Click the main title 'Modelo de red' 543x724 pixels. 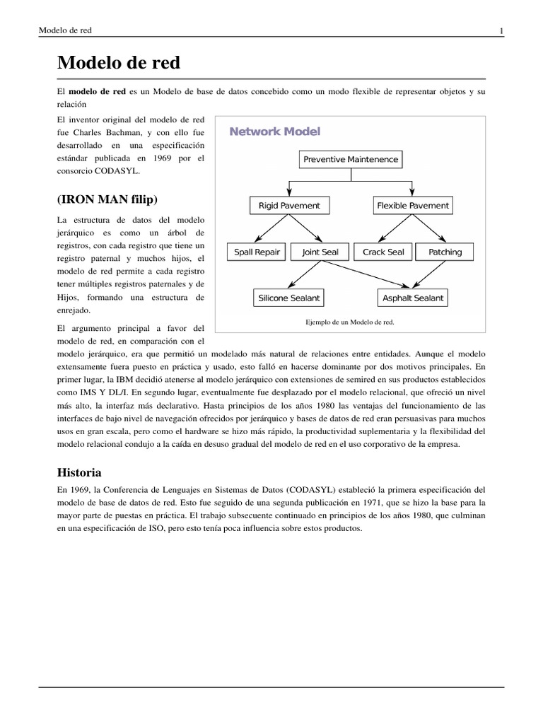pos(119,63)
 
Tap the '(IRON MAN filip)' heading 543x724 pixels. pos(107,197)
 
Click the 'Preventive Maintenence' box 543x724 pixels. pos(351,159)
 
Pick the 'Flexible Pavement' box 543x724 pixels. pos(413,206)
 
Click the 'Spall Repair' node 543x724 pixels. pos(257,252)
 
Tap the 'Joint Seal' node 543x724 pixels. pos(320,252)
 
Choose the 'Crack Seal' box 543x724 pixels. pos(383,252)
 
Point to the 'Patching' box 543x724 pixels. pos(445,252)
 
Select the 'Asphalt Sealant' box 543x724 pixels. pos(413,298)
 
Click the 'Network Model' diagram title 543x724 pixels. pos(274,132)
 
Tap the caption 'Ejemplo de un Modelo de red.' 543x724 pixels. pos(349,322)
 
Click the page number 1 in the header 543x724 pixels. pos(501,30)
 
